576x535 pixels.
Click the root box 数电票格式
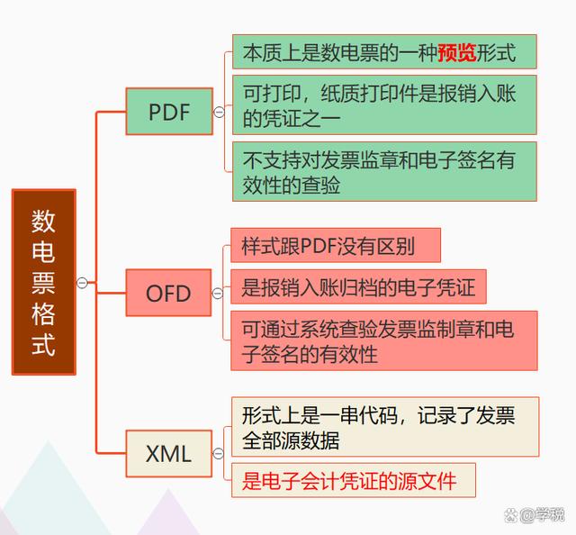(44, 282)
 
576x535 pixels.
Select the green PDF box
(169, 112)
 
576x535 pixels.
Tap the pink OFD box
(168, 293)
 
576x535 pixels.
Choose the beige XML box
(169, 454)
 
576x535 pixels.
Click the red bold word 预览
(457, 52)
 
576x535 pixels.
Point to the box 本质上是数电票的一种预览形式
(384, 52)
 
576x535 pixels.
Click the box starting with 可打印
(384, 105)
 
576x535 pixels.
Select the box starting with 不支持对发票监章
(384, 172)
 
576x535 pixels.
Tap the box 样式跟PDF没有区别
(336, 245)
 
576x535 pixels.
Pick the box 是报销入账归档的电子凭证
(358, 286)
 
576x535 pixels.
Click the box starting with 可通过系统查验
(384, 340)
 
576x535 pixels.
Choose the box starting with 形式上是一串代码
(385, 427)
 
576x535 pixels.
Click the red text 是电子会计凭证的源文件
(349, 481)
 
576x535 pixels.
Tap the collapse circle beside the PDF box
(220, 112)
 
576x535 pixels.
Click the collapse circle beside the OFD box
(218, 293)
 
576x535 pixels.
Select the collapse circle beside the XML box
(218, 454)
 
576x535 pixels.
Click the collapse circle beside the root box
(82, 283)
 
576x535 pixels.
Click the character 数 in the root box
(43, 222)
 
